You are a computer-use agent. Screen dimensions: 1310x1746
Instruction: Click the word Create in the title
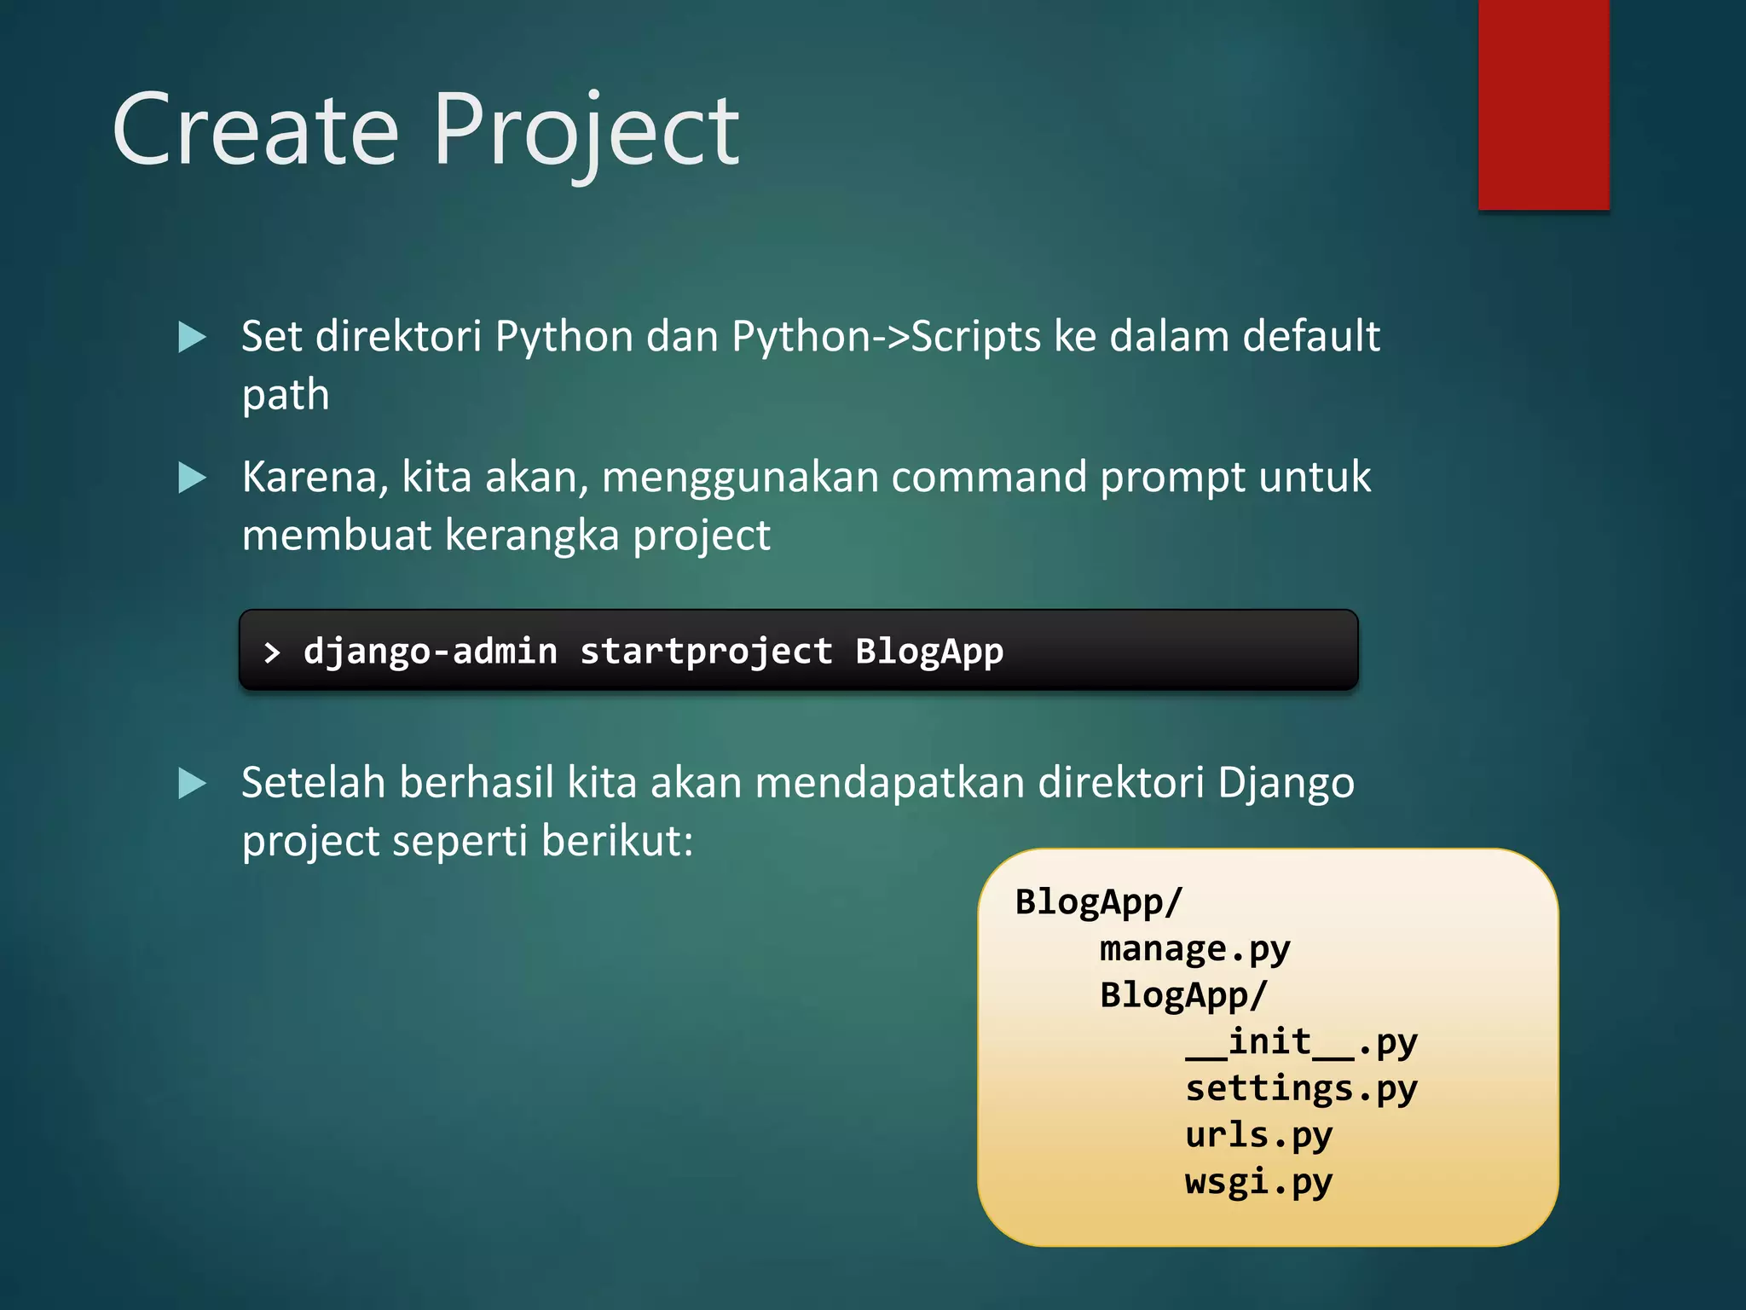pyautogui.click(x=256, y=130)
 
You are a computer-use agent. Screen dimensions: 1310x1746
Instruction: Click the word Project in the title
pyautogui.click(x=587, y=130)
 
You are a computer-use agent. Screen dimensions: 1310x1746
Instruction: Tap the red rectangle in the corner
pyautogui.click(x=1543, y=104)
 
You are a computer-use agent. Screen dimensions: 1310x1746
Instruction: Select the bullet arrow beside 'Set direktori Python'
pyautogui.click(x=192, y=337)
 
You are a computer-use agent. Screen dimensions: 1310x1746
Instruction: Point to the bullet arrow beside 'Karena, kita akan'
pyautogui.click(x=192, y=478)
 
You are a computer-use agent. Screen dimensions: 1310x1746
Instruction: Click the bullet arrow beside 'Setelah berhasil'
pyautogui.click(x=192, y=783)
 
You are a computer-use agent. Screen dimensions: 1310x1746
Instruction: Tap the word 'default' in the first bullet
pyautogui.click(x=1310, y=336)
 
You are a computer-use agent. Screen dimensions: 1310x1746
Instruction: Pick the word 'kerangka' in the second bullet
pyautogui.click(x=532, y=536)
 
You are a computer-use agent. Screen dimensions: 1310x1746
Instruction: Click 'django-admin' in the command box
pyautogui.click(x=431, y=652)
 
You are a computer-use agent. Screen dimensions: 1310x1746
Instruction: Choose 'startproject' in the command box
pyautogui.click(x=706, y=652)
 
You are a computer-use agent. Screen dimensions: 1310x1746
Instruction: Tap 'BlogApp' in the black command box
pyautogui.click(x=929, y=652)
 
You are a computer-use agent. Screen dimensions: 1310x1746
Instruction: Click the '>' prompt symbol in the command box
pyautogui.click(x=272, y=653)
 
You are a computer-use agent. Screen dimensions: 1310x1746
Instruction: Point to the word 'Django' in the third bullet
pyautogui.click(x=1286, y=783)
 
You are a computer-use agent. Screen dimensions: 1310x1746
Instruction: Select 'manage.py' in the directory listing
pyautogui.click(x=1194, y=949)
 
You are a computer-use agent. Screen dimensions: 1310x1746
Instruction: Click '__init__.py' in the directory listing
pyautogui.click(x=1301, y=1042)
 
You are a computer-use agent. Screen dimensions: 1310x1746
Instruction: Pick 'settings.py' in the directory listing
pyautogui.click(x=1301, y=1089)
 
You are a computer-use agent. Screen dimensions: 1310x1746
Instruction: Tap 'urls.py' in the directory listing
pyautogui.click(x=1258, y=1135)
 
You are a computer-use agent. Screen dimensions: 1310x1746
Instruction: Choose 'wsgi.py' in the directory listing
pyautogui.click(x=1258, y=1182)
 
